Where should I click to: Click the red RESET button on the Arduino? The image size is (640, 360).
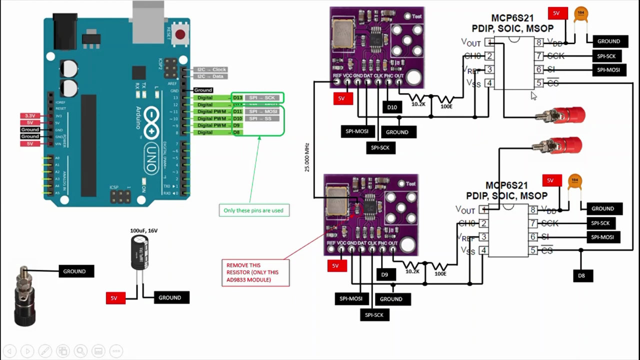[x=180, y=35]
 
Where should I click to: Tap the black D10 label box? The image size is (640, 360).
[x=392, y=107]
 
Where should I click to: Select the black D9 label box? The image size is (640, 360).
[x=384, y=274]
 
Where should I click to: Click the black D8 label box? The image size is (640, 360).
[x=581, y=275]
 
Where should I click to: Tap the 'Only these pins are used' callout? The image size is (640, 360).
[x=253, y=210]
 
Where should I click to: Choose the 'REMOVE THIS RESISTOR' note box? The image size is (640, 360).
[x=255, y=272]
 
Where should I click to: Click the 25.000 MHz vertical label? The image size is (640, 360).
[x=307, y=157]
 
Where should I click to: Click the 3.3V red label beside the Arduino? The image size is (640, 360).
[x=29, y=116]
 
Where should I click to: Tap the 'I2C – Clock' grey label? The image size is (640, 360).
[x=211, y=69]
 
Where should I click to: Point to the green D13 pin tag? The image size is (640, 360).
[x=237, y=98]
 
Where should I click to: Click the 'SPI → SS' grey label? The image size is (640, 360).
[x=261, y=118]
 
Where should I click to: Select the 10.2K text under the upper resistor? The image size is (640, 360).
[x=418, y=104]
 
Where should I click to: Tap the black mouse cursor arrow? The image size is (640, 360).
[x=533, y=96]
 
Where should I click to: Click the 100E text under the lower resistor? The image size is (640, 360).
[x=440, y=273]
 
